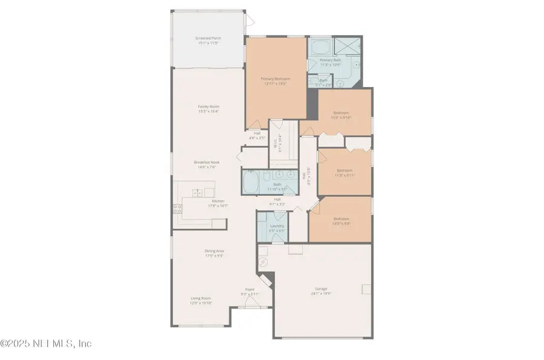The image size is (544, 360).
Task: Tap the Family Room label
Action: pos(208,106)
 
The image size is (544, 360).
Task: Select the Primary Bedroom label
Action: pos(275,79)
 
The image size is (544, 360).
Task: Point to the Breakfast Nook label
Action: pos(205,162)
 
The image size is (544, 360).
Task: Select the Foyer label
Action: pos(250,290)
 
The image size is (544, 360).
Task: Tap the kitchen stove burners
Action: pos(177,210)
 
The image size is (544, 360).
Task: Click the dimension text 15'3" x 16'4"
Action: pos(208,111)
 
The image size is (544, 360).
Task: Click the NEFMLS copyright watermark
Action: pos(46,344)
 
